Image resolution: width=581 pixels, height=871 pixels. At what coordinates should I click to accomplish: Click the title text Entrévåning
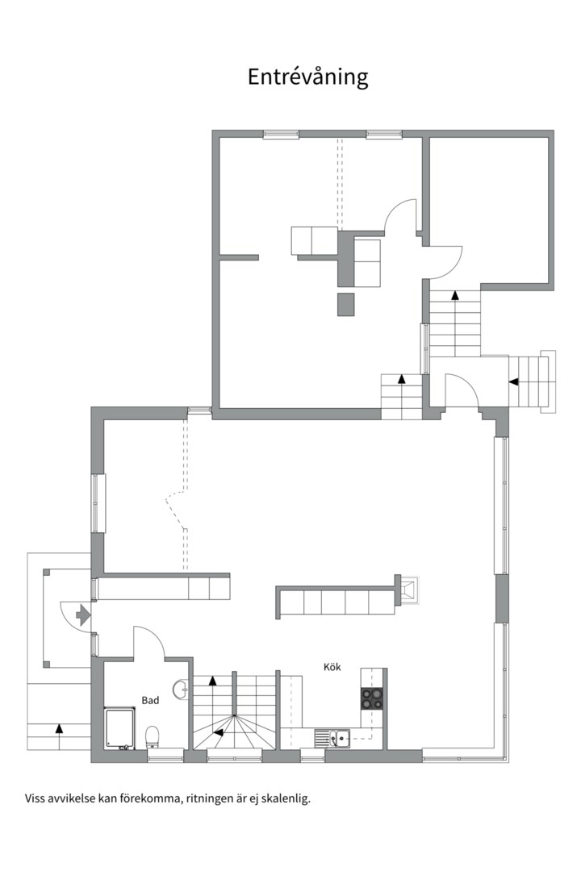pyautogui.click(x=307, y=77)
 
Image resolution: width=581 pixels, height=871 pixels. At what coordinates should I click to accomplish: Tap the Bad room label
pyautogui.click(x=150, y=701)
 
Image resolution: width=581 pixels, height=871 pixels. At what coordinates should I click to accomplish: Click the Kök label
pyautogui.click(x=332, y=667)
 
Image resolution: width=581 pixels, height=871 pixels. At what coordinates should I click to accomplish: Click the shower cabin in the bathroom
pyautogui.click(x=119, y=729)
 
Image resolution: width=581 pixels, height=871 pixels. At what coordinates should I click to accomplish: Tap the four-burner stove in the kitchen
pyautogui.click(x=371, y=698)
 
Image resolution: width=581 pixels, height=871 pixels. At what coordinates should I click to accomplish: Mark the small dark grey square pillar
pyautogui.click(x=345, y=304)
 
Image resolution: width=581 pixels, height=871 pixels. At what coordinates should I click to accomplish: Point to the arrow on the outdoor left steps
pyautogui.click(x=59, y=728)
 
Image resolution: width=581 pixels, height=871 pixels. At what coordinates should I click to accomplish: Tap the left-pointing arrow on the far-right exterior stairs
pyautogui.click(x=514, y=381)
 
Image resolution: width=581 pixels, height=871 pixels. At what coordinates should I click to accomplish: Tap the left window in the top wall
pyautogui.click(x=281, y=134)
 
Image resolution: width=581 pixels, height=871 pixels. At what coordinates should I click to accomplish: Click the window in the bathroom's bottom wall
pyautogui.click(x=165, y=758)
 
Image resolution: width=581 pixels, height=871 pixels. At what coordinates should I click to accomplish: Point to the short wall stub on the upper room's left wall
pyautogui.click(x=239, y=258)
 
